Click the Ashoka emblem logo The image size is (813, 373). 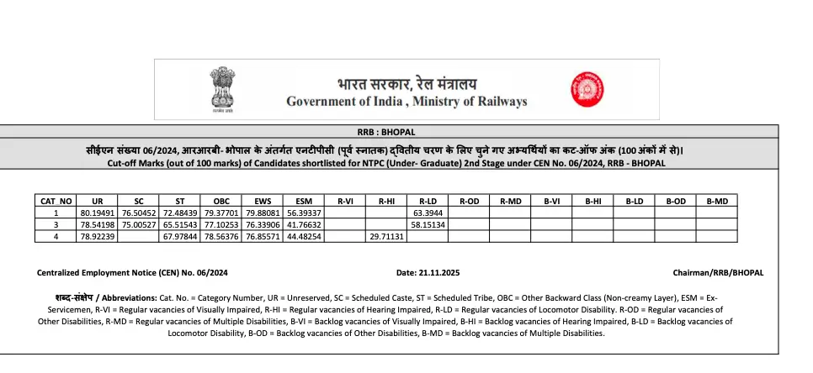pyautogui.click(x=222, y=90)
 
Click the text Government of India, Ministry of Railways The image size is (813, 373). pyautogui.click(x=406, y=102)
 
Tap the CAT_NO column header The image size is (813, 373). pyautogui.click(x=56, y=202)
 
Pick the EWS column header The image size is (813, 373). pyautogui.click(x=263, y=202)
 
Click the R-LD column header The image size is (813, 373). pyautogui.click(x=428, y=202)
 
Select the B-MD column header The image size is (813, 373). pyautogui.click(x=716, y=202)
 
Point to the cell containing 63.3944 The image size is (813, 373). pyautogui.click(x=428, y=213)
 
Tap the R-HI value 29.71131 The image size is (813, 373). pyautogui.click(x=386, y=237)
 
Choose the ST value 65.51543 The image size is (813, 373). pyautogui.click(x=180, y=225)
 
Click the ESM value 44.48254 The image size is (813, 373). pyautogui.click(x=304, y=237)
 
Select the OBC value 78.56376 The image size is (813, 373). pyautogui.click(x=221, y=237)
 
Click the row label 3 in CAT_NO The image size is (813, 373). pyautogui.click(x=56, y=225)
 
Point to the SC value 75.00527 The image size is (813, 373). pyautogui.click(x=139, y=225)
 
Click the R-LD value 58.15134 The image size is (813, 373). pyautogui.click(x=428, y=225)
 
